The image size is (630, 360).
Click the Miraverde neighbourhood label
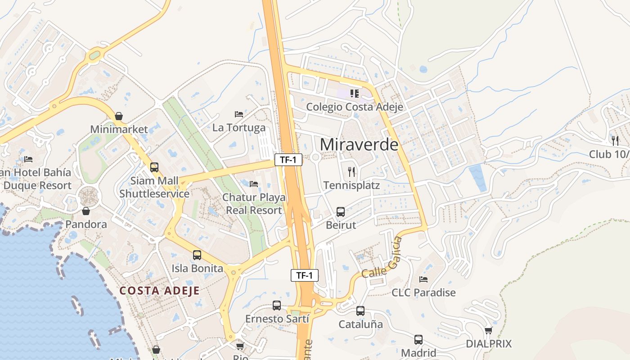(359, 145)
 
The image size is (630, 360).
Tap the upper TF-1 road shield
(288, 159)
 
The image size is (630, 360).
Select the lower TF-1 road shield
(305, 275)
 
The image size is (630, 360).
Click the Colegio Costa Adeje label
(355, 107)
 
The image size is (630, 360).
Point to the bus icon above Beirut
(341, 211)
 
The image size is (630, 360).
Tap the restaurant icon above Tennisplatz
(352, 171)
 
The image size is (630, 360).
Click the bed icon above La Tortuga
(239, 115)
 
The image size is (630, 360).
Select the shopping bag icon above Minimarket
(119, 116)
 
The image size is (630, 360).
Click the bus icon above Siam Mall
(154, 167)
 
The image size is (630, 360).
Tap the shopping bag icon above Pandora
(86, 211)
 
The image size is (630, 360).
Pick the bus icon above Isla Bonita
(197, 255)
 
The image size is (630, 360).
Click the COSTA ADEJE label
(159, 291)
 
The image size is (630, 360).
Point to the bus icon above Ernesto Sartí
(277, 306)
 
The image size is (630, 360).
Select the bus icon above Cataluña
(360, 310)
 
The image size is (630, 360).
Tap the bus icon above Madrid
(418, 340)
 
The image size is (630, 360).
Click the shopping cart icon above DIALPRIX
(489, 331)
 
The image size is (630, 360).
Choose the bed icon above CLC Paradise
(423, 279)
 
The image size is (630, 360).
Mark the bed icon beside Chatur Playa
(254, 184)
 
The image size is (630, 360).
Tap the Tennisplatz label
(351, 185)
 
